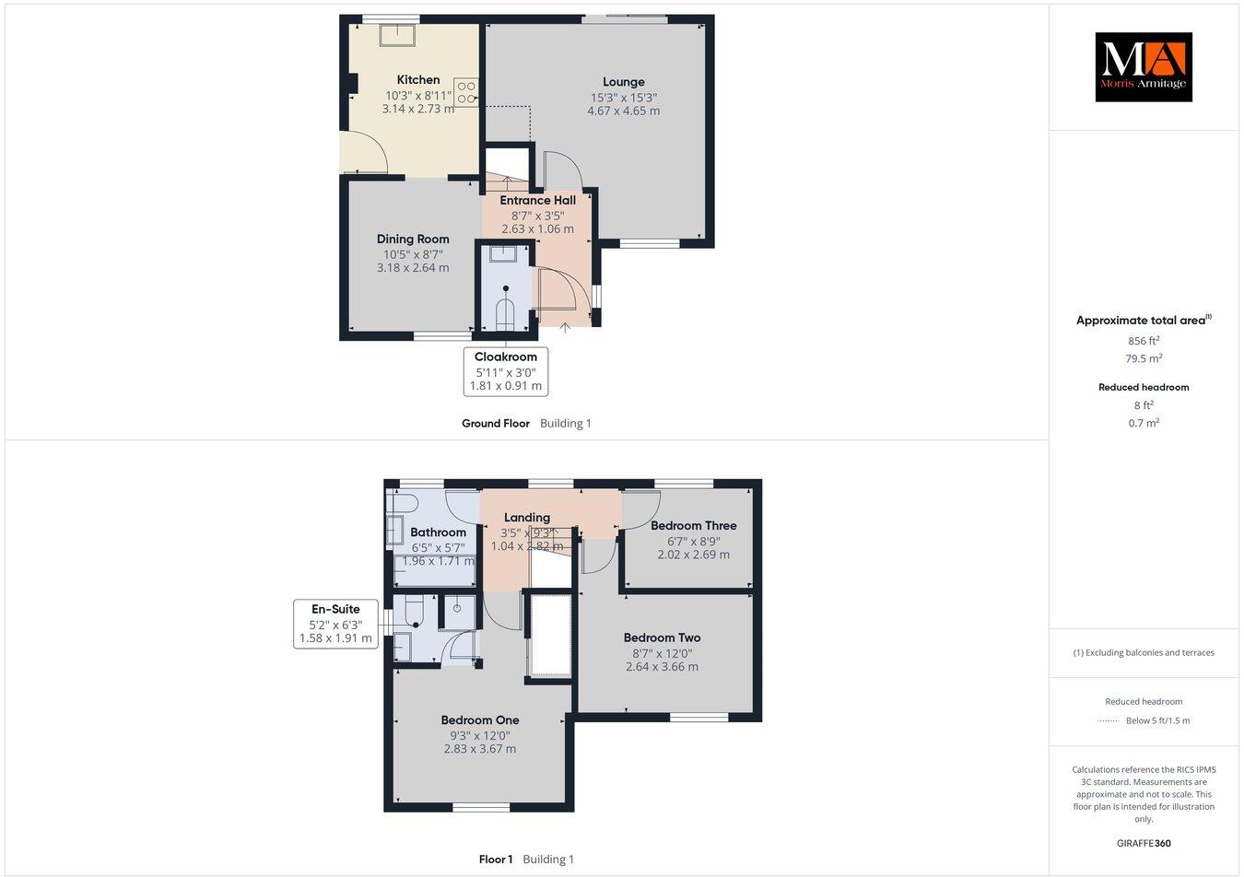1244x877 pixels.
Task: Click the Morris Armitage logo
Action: pos(1143,66)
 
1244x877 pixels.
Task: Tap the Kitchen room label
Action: pos(418,80)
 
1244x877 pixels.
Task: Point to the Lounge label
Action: pos(623,82)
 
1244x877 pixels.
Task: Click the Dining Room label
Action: pos(413,240)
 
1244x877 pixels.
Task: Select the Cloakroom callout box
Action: pos(506,371)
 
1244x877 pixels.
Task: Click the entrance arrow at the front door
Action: pos(565,326)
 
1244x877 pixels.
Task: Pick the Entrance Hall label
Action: pos(537,201)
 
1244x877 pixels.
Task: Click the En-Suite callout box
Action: pos(335,624)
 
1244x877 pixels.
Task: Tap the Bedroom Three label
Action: pos(693,526)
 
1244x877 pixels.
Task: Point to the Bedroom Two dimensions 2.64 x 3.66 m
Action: pos(662,667)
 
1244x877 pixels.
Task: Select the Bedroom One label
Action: pos(479,720)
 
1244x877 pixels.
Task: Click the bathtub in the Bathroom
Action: pos(434,572)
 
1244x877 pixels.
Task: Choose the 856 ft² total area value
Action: pos(1143,341)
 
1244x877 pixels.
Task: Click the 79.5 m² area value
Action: pos(1143,359)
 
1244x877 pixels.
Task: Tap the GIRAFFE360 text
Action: pos(1143,843)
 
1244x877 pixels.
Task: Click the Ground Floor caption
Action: pos(496,424)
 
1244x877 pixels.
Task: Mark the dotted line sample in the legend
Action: pos(1109,721)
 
